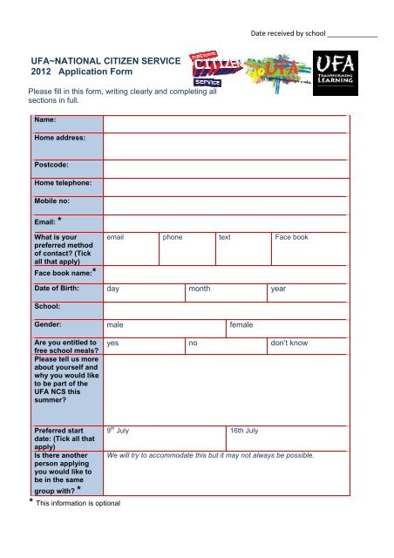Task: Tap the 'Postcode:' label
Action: (x=52, y=163)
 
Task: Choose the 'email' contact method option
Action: (x=117, y=237)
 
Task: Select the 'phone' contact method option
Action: (x=173, y=237)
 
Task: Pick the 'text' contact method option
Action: (x=225, y=237)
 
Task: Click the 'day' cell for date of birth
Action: (x=112, y=288)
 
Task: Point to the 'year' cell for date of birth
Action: (x=279, y=288)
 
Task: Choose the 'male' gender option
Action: (x=114, y=324)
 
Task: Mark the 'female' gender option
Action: (x=241, y=324)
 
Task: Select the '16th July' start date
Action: (x=244, y=431)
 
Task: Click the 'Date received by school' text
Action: (x=287, y=34)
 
